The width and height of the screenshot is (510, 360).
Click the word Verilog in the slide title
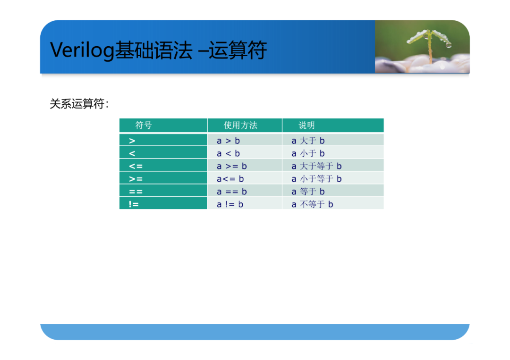[82, 50]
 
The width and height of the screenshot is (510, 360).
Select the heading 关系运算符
[77, 104]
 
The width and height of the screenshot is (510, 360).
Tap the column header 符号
[144, 126]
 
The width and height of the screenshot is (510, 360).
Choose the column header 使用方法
[240, 126]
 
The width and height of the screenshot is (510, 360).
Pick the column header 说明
[306, 126]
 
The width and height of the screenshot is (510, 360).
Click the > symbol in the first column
[132, 141]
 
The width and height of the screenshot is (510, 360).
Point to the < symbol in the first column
[132, 154]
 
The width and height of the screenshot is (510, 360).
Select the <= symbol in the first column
[136, 167]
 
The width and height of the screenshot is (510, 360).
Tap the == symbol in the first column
[136, 192]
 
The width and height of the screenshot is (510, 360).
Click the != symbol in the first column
[134, 204]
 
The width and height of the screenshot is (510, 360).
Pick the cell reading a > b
[229, 141]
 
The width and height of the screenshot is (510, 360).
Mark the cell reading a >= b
[232, 166]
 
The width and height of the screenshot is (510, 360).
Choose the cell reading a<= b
[230, 179]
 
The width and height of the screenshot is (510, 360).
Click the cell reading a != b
[230, 204]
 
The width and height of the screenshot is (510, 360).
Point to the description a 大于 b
[308, 141]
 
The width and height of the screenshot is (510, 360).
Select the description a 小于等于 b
[316, 179]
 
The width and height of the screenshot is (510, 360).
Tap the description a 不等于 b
[312, 204]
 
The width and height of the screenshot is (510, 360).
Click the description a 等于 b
[308, 192]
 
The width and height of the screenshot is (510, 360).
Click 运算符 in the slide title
[238, 50]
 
